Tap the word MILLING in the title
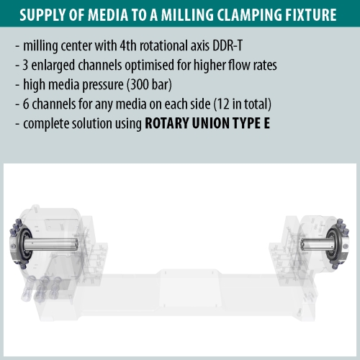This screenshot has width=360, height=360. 187,15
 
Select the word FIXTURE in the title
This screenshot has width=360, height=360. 311,15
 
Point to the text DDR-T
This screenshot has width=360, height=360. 228,45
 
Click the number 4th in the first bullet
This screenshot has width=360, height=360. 128,45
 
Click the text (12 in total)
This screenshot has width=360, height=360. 242,104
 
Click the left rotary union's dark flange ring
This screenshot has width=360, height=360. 24,244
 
